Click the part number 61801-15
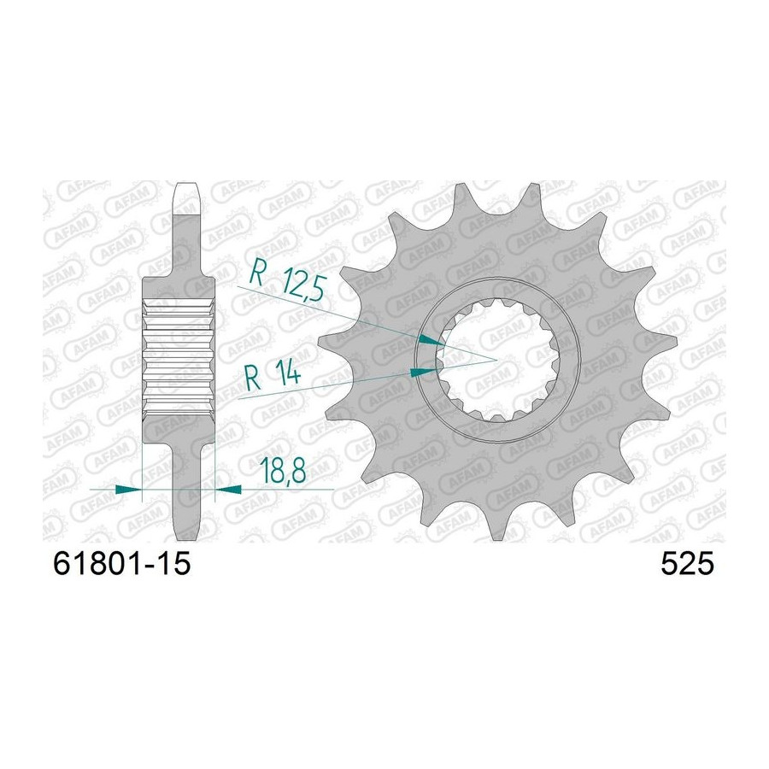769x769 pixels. pos(121,564)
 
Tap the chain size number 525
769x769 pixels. pos(687,564)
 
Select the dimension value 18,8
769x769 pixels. pos(283,470)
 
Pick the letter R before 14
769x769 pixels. pos(253,377)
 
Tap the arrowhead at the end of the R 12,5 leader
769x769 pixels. pos(430,341)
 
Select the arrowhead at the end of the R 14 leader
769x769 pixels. pos(423,373)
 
